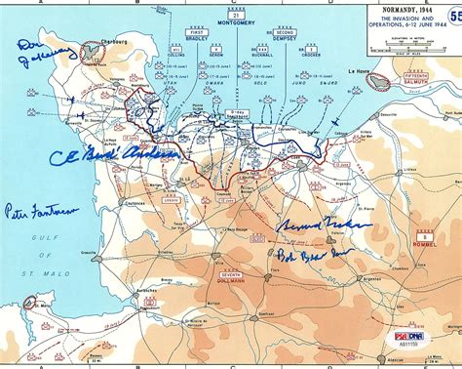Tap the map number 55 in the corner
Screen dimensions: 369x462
tap(453, 15)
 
